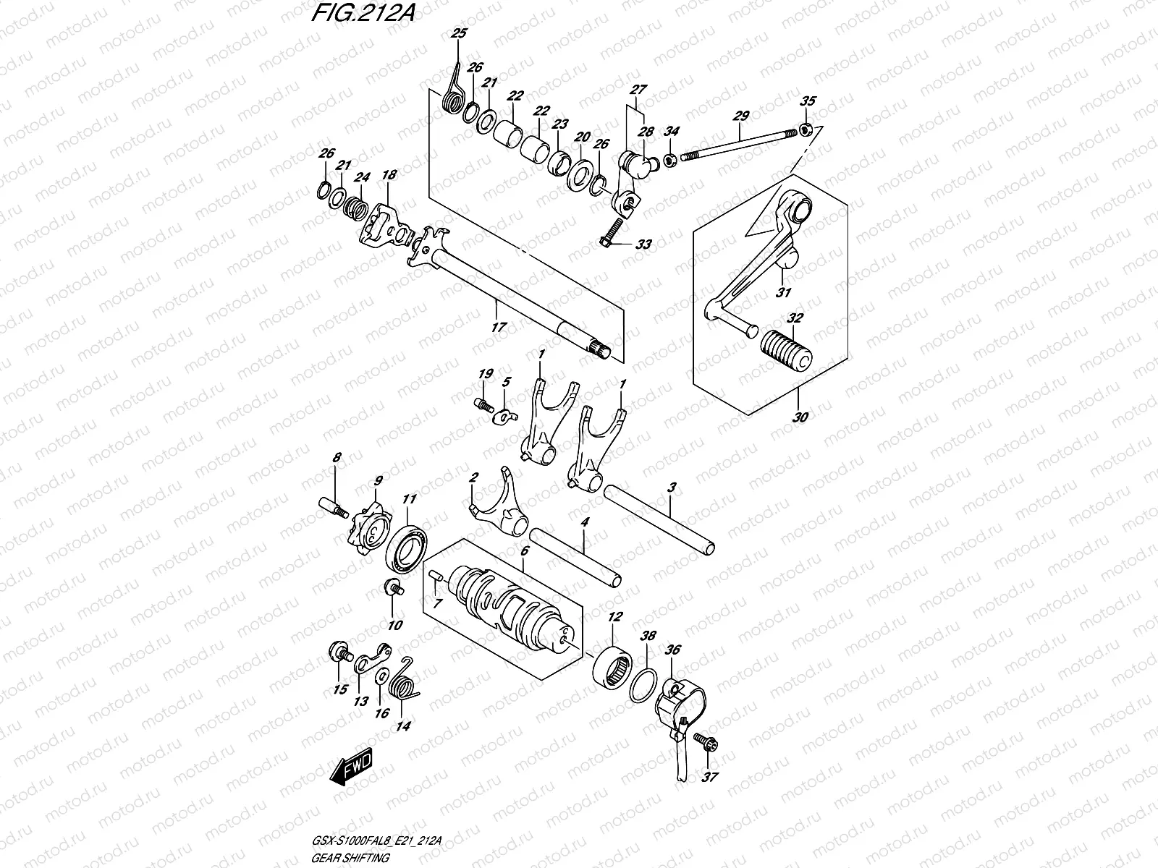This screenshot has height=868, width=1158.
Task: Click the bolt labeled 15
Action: (337, 652)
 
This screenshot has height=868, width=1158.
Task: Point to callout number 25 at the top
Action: (459, 33)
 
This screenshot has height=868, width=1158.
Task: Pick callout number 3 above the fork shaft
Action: (672, 488)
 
